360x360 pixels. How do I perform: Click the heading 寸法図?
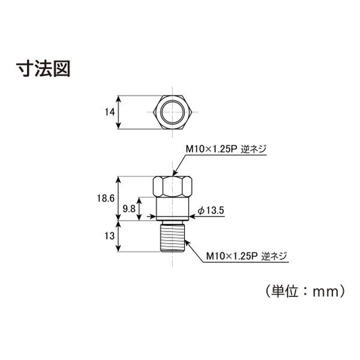[43, 68]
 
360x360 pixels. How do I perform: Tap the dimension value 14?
[110, 112]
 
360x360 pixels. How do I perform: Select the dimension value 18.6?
[106, 199]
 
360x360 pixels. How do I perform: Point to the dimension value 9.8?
[129, 209]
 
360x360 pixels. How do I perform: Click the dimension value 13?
[110, 236]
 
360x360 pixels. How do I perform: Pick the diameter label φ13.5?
[211, 211]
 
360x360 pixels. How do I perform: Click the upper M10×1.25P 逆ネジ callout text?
[226, 149]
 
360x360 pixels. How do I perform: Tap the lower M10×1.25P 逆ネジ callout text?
[247, 256]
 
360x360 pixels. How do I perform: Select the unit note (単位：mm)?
[305, 291]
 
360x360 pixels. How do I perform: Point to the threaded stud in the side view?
[172, 238]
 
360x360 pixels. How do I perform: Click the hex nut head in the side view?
[172, 187]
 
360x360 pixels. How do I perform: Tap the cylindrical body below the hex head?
[172, 208]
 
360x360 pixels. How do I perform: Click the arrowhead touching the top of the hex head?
[175, 173]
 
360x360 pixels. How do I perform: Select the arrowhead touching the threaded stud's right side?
[187, 242]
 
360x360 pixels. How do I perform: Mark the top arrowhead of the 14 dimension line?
[118, 99]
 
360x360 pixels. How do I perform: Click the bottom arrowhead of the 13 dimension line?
[118, 248]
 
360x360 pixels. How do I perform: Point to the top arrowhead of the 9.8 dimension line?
[139, 200]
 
